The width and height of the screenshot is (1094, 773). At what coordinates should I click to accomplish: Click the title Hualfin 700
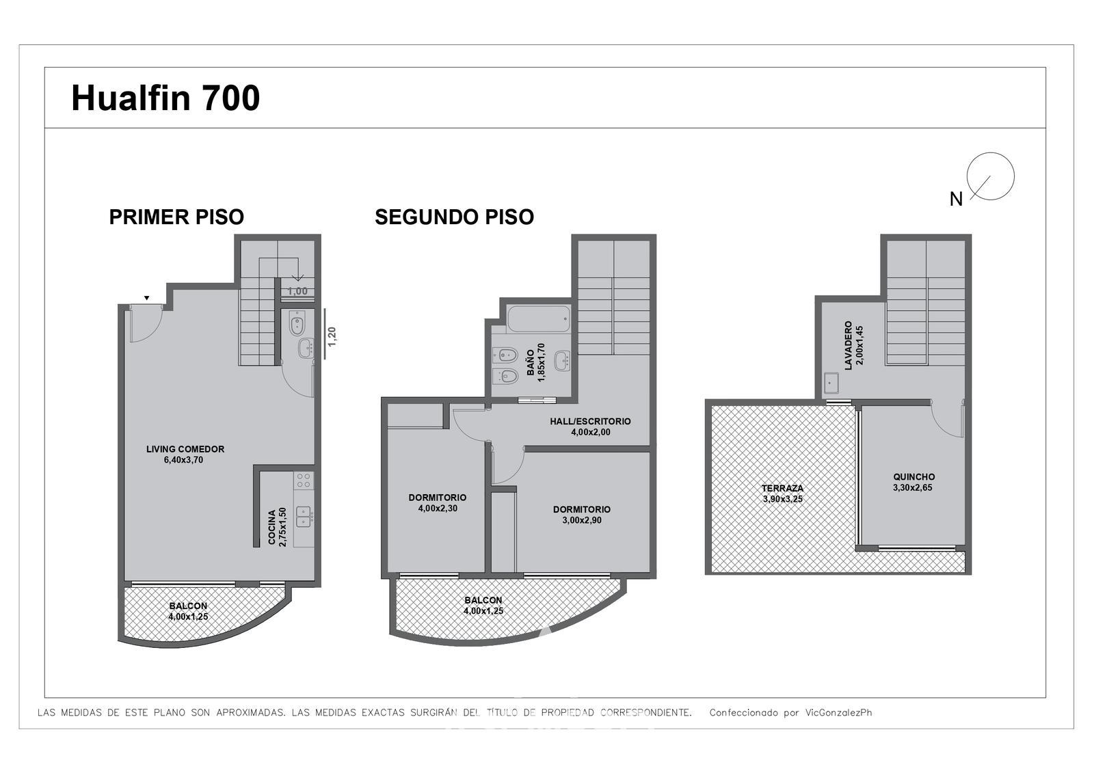coord(165,98)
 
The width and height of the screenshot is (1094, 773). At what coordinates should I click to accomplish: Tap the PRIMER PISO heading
coord(176,217)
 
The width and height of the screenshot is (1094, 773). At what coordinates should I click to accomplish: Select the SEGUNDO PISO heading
coord(454,217)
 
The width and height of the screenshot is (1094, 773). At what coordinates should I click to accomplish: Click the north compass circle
coord(990,176)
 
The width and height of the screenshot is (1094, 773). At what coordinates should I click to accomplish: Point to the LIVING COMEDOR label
coord(185,449)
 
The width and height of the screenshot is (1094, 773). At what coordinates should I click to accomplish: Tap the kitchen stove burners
coord(304,480)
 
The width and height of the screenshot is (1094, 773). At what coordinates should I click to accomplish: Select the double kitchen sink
coord(304,516)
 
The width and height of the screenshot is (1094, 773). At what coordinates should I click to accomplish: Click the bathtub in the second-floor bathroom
coord(538,319)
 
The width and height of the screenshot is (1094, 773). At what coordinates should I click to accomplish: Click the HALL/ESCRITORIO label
coord(591,421)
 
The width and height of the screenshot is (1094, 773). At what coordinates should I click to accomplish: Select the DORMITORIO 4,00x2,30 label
coord(438,502)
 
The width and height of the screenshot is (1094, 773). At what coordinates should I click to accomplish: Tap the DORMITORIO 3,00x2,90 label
coord(582,515)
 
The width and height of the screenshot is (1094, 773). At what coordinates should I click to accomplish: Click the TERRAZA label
coord(782,488)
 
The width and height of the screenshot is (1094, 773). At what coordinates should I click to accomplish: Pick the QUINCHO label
coord(914,476)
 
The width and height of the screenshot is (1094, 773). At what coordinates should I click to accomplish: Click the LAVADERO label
coord(849,345)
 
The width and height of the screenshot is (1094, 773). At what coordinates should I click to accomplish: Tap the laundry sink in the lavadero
coord(831,383)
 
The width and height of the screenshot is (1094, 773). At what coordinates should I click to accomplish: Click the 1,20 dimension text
coord(332,337)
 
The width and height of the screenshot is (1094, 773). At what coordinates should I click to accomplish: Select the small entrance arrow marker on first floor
coord(146,298)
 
